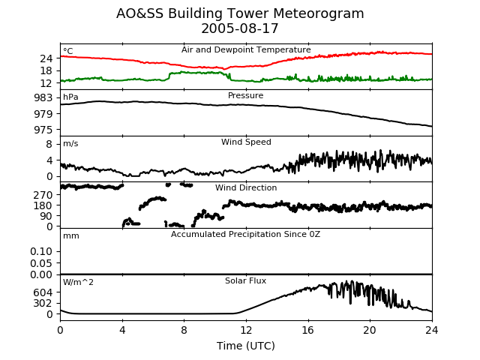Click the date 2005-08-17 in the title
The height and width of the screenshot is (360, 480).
pos(240,28)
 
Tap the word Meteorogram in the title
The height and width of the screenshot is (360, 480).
pos(318,13)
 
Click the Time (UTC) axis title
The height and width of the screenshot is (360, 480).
pos(246,346)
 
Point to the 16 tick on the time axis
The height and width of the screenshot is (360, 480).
pos(308,330)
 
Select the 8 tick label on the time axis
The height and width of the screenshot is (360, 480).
pos(184,330)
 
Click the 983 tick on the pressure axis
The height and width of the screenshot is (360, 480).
pos(43,98)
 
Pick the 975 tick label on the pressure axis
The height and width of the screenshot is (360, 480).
pos(43,130)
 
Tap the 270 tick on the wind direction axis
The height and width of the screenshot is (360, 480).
pos(43,195)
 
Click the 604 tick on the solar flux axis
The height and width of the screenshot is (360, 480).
pos(43,292)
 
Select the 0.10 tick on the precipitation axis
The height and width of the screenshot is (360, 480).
pos(41,252)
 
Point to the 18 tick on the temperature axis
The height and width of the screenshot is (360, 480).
pos(46,71)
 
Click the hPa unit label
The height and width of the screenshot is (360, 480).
pos(70,97)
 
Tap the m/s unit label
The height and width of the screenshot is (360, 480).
pos(70,143)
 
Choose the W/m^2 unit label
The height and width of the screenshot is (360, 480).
pos(78,282)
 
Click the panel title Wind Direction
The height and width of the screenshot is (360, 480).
pos(246,187)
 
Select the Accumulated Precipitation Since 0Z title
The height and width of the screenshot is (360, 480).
pos(245,234)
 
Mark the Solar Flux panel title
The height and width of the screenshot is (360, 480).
pos(245,280)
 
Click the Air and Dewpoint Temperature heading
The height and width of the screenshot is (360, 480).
pos(246,50)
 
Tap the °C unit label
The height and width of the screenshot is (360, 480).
pos(68,51)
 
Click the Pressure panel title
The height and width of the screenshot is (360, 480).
pos(245,95)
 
